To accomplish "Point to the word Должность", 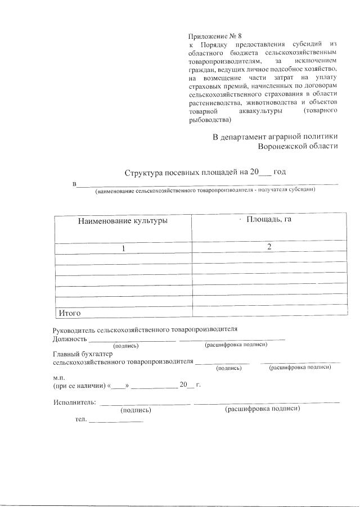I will [x=70, y=339].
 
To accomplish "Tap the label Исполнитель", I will [x=74, y=402].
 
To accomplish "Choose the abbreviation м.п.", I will [x=60, y=378].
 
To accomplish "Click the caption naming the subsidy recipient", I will [x=205, y=191].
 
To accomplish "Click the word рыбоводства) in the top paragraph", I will [x=210, y=120].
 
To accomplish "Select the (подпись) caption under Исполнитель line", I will [x=136, y=410].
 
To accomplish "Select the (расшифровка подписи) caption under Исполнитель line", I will [x=263, y=409].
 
